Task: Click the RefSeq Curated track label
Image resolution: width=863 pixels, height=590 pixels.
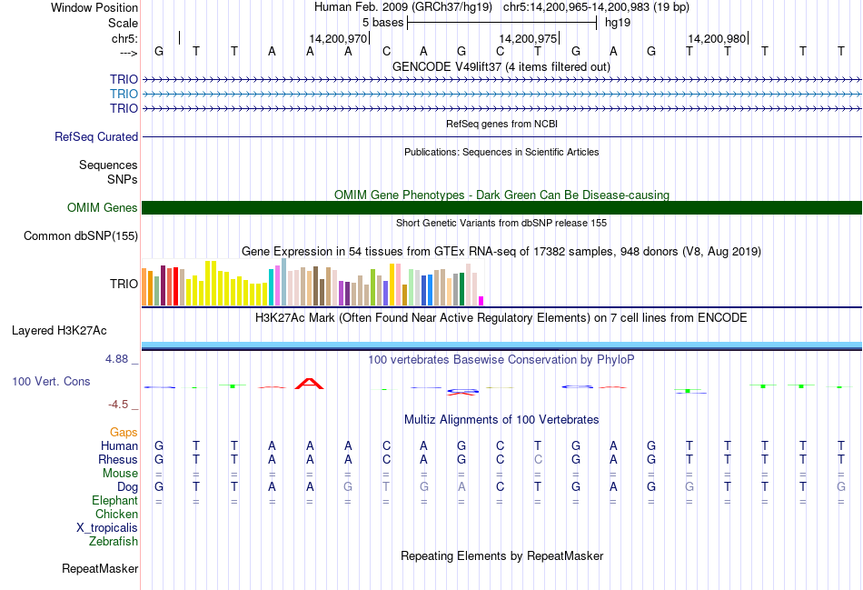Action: point(96,136)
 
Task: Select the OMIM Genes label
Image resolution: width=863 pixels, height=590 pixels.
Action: point(103,208)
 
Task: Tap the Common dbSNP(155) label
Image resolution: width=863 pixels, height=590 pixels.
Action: point(82,236)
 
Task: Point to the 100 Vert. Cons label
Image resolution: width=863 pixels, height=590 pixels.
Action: point(51,382)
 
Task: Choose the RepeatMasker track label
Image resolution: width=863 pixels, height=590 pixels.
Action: point(100,569)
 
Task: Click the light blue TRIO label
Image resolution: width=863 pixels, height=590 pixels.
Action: point(124,94)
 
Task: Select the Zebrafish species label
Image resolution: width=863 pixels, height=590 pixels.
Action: point(114,542)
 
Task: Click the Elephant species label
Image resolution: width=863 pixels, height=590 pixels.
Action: point(114,501)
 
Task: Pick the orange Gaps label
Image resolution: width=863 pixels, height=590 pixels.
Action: point(124,433)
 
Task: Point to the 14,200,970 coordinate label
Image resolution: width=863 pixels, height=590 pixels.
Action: point(338,39)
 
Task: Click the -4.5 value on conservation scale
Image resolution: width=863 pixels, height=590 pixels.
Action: point(119,405)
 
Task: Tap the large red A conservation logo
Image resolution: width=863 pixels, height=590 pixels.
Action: point(310,383)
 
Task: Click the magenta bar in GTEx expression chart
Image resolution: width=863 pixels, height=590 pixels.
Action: point(481,301)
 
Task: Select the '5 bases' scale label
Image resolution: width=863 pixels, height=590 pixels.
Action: point(382,22)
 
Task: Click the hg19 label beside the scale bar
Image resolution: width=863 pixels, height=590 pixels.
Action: point(618,22)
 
